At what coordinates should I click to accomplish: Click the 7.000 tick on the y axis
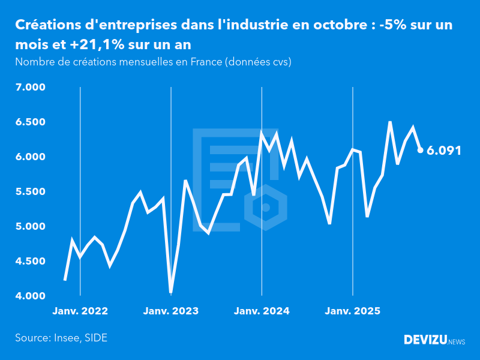click(30, 88)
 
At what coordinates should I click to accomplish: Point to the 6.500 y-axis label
click(30, 122)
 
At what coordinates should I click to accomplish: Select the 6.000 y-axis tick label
click(30, 157)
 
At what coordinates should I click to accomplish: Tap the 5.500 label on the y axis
click(30, 192)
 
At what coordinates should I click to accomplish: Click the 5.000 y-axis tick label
click(30, 227)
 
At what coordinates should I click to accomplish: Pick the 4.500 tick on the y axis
click(30, 262)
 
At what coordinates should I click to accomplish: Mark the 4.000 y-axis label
click(30, 296)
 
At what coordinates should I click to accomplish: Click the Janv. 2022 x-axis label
click(80, 311)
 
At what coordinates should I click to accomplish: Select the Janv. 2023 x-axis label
click(171, 311)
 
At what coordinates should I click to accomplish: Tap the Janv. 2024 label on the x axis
click(262, 311)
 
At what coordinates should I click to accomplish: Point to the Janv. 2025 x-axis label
click(352, 311)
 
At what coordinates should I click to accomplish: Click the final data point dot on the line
click(420, 150)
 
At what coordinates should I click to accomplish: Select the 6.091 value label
click(444, 151)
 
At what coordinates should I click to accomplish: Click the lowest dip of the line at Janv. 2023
click(171, 292)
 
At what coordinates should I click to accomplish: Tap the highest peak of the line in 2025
click(390, 122)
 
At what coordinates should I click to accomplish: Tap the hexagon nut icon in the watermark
click(265, 207)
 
